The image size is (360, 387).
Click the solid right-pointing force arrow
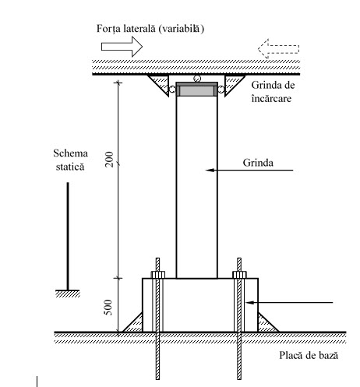(x=122, y=47)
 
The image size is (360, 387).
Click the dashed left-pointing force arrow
(x=278, y=49)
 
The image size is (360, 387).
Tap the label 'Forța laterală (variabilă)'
(x=150, y=29)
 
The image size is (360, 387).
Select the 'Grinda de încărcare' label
(x=273, y=92)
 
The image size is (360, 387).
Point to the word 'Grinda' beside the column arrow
(x=258, y=163)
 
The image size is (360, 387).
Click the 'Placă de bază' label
(x=309, y=355)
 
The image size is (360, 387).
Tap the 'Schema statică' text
(x=70, y=160)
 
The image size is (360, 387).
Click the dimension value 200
(x=109, y=159)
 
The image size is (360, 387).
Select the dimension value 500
(x=108, y=308)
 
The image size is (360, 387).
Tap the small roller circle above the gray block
(x=197, y=79)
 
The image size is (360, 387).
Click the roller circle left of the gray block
(x=172, y=90)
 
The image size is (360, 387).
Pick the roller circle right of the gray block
(x=221, y=90)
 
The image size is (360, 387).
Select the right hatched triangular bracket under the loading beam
(x=232, y=83)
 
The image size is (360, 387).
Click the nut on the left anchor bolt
(x=158, y=275)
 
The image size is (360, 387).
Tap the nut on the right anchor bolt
(x=239, y=275)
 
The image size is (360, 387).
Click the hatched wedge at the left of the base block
(x=135, y=325)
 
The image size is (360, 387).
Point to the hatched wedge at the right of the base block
(x=266, y=325)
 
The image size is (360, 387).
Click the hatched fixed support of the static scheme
(x=68, y=294)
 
